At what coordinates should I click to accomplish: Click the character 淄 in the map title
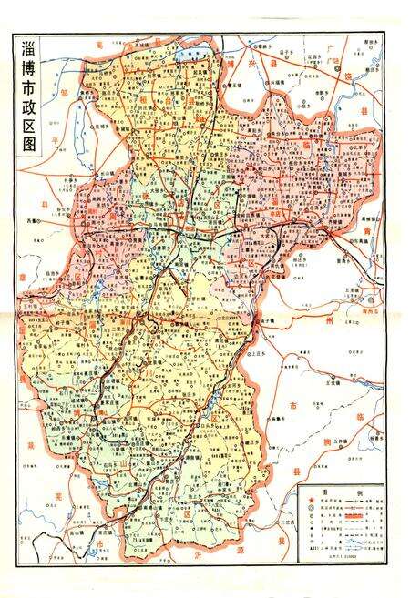[26, 53]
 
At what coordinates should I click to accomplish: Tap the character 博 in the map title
[26, 80]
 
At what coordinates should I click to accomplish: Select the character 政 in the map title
[26, 128]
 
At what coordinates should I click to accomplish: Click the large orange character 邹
[53, 92]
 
